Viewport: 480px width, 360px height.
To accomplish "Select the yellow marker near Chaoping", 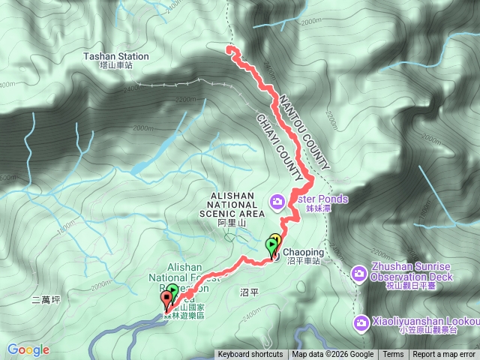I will coord(275,241).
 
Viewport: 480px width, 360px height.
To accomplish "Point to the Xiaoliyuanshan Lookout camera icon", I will coord(361,322).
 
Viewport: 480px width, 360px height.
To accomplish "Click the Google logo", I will coord(28,349).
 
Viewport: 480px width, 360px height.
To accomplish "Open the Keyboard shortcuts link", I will coord(250,355).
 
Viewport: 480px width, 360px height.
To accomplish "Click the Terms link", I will coord(393,355).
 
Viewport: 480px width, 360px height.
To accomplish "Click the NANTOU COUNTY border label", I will coord(303,132).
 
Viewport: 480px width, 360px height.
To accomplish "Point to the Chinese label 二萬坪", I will coord(46,299).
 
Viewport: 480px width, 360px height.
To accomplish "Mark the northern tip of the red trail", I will coord(229,49).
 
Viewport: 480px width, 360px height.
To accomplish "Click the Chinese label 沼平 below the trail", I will coord(248,289).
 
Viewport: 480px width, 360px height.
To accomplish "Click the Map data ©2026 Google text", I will coord(333,355).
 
